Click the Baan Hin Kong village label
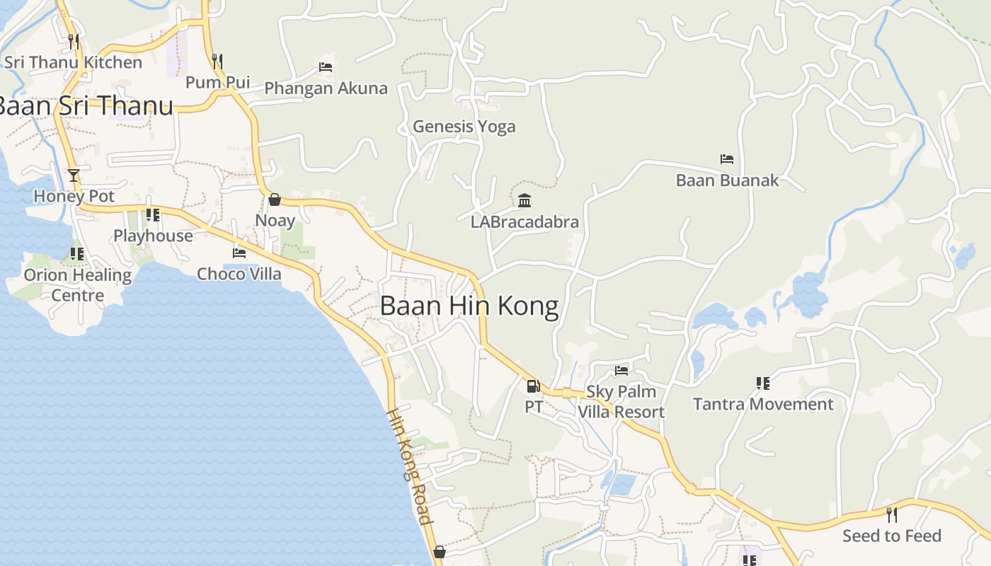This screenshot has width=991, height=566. point(469,306)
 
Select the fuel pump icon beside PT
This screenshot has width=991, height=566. point(533,386)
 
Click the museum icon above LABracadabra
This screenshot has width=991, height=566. point(525,201)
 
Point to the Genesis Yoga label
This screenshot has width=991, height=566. point(464,127)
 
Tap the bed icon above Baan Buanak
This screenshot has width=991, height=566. point(726,159)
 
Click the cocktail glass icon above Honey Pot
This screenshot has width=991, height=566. point(74,175)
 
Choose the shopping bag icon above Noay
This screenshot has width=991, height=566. point(275,200)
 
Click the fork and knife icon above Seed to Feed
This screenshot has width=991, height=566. point(892,514)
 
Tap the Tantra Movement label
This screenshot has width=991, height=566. point(763,404)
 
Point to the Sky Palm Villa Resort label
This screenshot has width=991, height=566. point(621,402)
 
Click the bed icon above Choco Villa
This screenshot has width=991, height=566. point(239,253)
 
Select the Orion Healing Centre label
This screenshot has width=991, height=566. point(78,284)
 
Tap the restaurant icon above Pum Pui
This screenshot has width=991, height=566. point(217,62)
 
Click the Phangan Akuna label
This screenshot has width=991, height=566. point(326,88)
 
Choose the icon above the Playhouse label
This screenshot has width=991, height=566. point(152,215)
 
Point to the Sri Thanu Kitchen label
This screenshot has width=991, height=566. point(74,62)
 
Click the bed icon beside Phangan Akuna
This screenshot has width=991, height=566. point(326,67)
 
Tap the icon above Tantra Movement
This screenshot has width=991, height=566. point(762,383)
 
